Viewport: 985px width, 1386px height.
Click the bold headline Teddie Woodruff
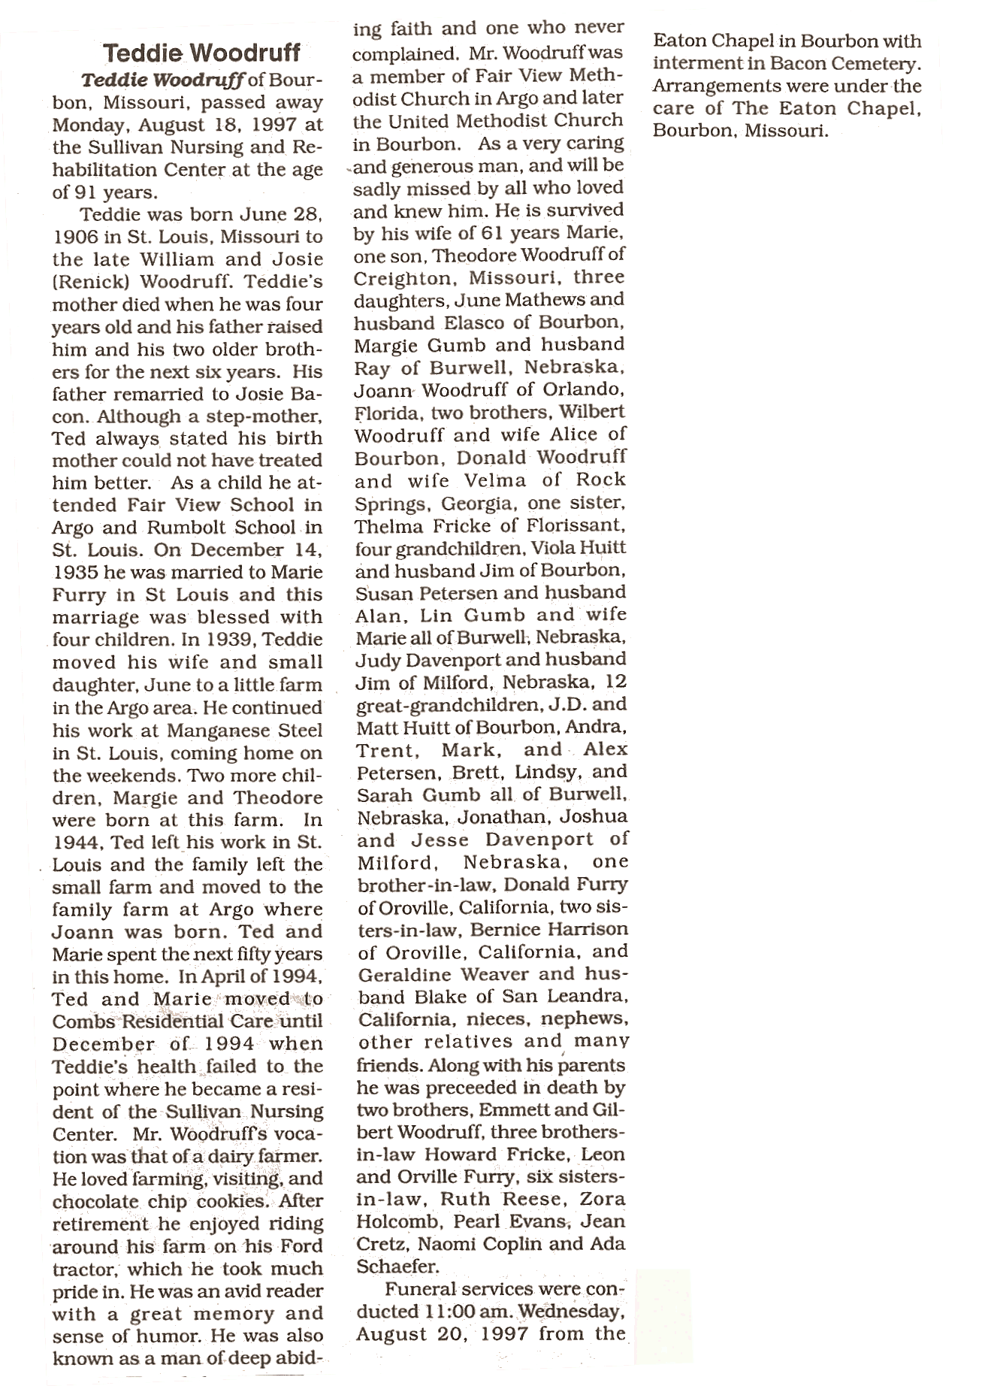[201, 53]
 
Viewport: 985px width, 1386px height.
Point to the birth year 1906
[77, 237]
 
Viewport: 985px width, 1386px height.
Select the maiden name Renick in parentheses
[88, 282]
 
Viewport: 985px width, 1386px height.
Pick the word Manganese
[219, 731]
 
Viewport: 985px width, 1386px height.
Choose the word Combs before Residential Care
[83, 1022]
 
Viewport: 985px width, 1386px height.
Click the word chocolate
[95, 1202]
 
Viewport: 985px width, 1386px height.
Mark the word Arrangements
[712, 86]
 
